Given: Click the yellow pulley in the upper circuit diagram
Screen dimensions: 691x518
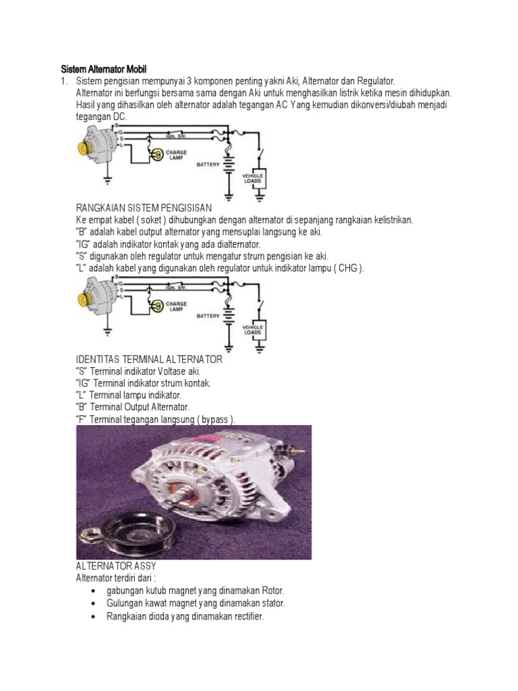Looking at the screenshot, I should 86,147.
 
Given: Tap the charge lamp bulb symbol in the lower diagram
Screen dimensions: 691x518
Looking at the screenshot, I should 157,306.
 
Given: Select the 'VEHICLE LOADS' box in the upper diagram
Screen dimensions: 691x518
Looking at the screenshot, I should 254,178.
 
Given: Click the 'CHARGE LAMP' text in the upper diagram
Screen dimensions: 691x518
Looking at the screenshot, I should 176,155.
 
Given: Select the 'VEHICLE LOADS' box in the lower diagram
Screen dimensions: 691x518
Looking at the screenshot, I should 254,330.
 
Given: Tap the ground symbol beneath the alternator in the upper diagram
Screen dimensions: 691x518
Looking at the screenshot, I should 107,180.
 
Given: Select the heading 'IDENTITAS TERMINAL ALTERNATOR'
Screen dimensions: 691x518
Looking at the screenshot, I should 149,360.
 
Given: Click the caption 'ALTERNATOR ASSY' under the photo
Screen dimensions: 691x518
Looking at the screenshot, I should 116,565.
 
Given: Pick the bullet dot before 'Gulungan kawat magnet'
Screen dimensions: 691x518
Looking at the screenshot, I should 92,603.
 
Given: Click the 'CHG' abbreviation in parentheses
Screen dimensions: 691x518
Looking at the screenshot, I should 349,269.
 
